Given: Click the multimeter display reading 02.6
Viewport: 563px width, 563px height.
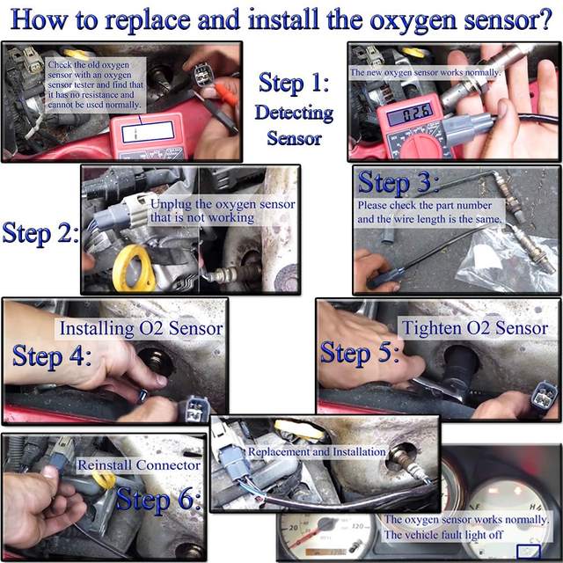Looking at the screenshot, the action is click(410, 115).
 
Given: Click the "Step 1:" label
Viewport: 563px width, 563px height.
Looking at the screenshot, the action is click(294, 84).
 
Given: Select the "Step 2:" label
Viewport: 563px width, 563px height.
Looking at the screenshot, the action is click(40, 233).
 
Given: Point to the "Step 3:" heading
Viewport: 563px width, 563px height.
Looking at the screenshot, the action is click(398, 182).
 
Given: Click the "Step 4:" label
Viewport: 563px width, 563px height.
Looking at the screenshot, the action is click(52, 355).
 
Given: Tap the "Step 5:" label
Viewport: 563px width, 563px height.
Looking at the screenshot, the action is click(360, 353).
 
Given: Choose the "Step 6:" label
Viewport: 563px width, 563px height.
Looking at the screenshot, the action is click(158, 499).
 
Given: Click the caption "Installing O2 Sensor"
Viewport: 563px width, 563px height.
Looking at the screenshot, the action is click(141, 328).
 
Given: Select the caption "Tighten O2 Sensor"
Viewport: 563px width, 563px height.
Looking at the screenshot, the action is click(475, 328).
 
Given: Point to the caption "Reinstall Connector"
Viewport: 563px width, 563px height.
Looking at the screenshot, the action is click(139, 465).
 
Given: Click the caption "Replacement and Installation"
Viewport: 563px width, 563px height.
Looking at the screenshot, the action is click(317, 451).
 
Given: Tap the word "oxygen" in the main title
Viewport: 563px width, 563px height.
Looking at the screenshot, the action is click(413, 21).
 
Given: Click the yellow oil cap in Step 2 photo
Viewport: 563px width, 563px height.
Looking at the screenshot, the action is click(134, 268).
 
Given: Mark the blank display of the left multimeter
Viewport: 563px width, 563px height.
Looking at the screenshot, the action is click(148, 132).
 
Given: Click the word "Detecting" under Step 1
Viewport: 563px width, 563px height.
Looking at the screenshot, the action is click(295, 113).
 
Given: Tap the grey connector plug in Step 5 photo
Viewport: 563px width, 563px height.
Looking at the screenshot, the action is click(545, 396).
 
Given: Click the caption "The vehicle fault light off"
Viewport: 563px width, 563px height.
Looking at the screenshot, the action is click(443, 535).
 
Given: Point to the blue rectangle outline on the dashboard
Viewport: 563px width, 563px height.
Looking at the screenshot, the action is click(529, 552).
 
